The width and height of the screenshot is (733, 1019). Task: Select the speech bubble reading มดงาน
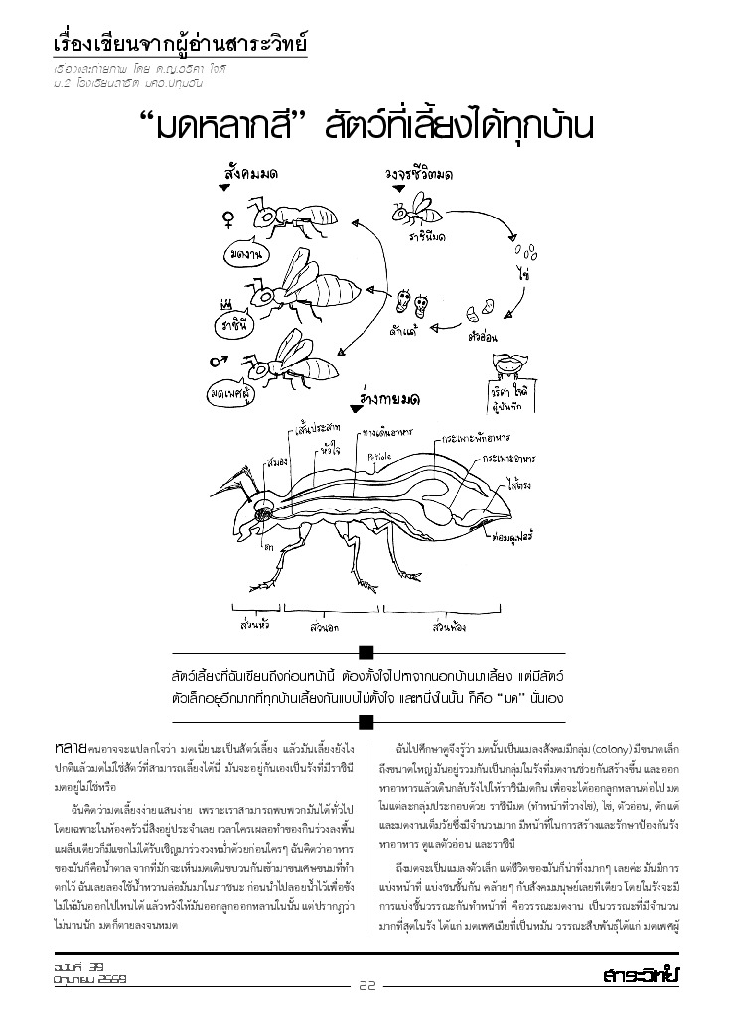[x=244, y=255]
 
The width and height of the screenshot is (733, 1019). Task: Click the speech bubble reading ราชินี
[x=235, y=324]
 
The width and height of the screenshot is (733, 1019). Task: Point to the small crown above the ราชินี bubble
[x=226, y=302]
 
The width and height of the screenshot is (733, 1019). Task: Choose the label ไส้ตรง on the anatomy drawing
[x=516, y=488]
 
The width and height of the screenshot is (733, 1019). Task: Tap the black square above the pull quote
[x=366, y=652]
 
